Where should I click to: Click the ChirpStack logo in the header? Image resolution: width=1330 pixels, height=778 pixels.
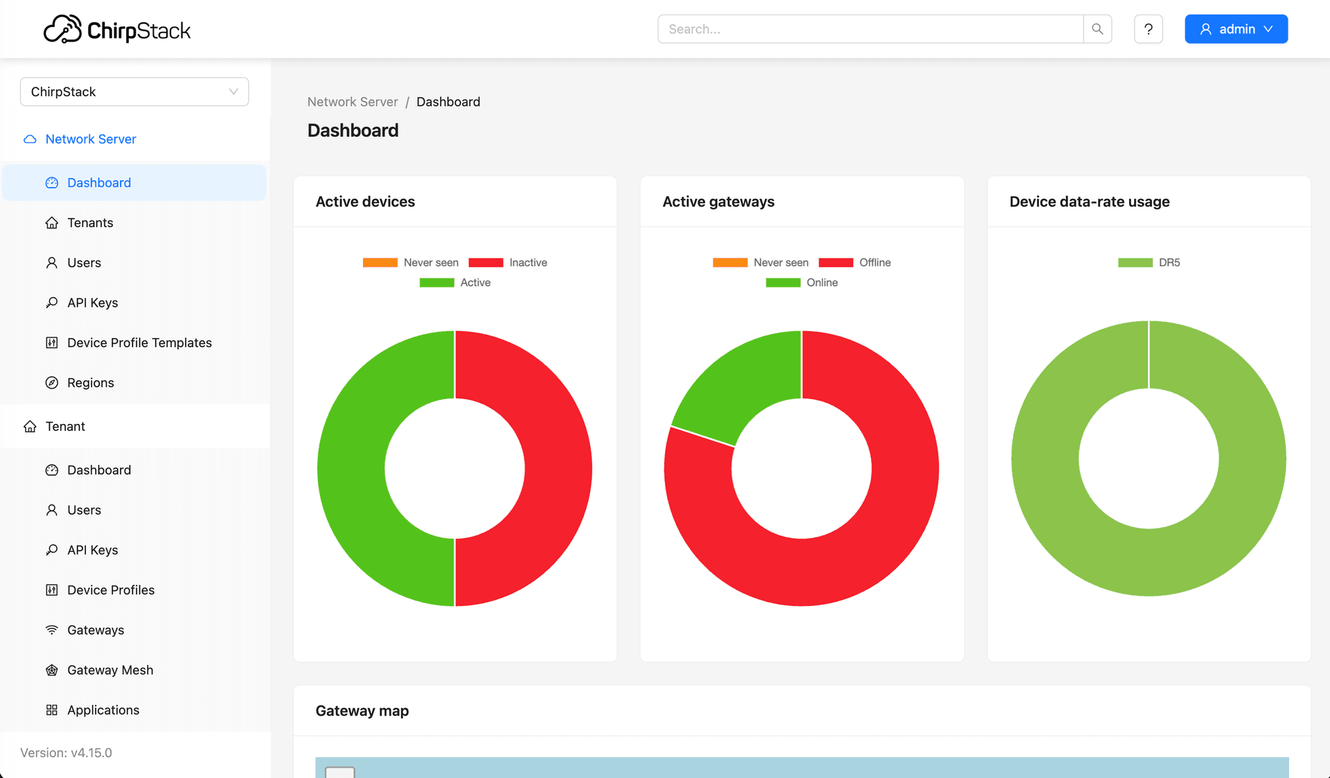116,30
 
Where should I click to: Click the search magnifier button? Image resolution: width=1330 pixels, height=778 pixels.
1097,29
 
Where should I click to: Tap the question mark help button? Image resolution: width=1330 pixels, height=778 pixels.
1148,29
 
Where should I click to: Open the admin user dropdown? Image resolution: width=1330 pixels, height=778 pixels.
1236,29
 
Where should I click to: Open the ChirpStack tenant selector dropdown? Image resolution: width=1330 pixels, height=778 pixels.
134,91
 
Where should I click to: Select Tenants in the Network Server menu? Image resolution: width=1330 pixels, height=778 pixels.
90,222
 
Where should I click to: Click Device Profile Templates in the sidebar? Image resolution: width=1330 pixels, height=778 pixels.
139,343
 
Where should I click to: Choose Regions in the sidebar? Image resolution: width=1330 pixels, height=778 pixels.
90,383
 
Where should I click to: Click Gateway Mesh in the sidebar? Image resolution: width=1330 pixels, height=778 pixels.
109,670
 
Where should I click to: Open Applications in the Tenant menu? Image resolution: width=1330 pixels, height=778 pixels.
103,710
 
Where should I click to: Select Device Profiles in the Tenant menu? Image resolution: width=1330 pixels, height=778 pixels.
110,590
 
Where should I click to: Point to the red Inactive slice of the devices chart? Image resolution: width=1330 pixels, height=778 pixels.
558,468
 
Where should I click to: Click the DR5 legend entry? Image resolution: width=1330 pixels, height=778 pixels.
1149,263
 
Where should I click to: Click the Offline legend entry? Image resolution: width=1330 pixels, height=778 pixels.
855,263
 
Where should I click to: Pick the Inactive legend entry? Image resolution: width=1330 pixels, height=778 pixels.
508,263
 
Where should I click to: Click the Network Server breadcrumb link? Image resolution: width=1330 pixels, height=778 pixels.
353,102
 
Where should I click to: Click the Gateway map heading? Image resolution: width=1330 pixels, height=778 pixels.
362,711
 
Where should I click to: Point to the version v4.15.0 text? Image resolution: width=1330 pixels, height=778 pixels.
66,753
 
